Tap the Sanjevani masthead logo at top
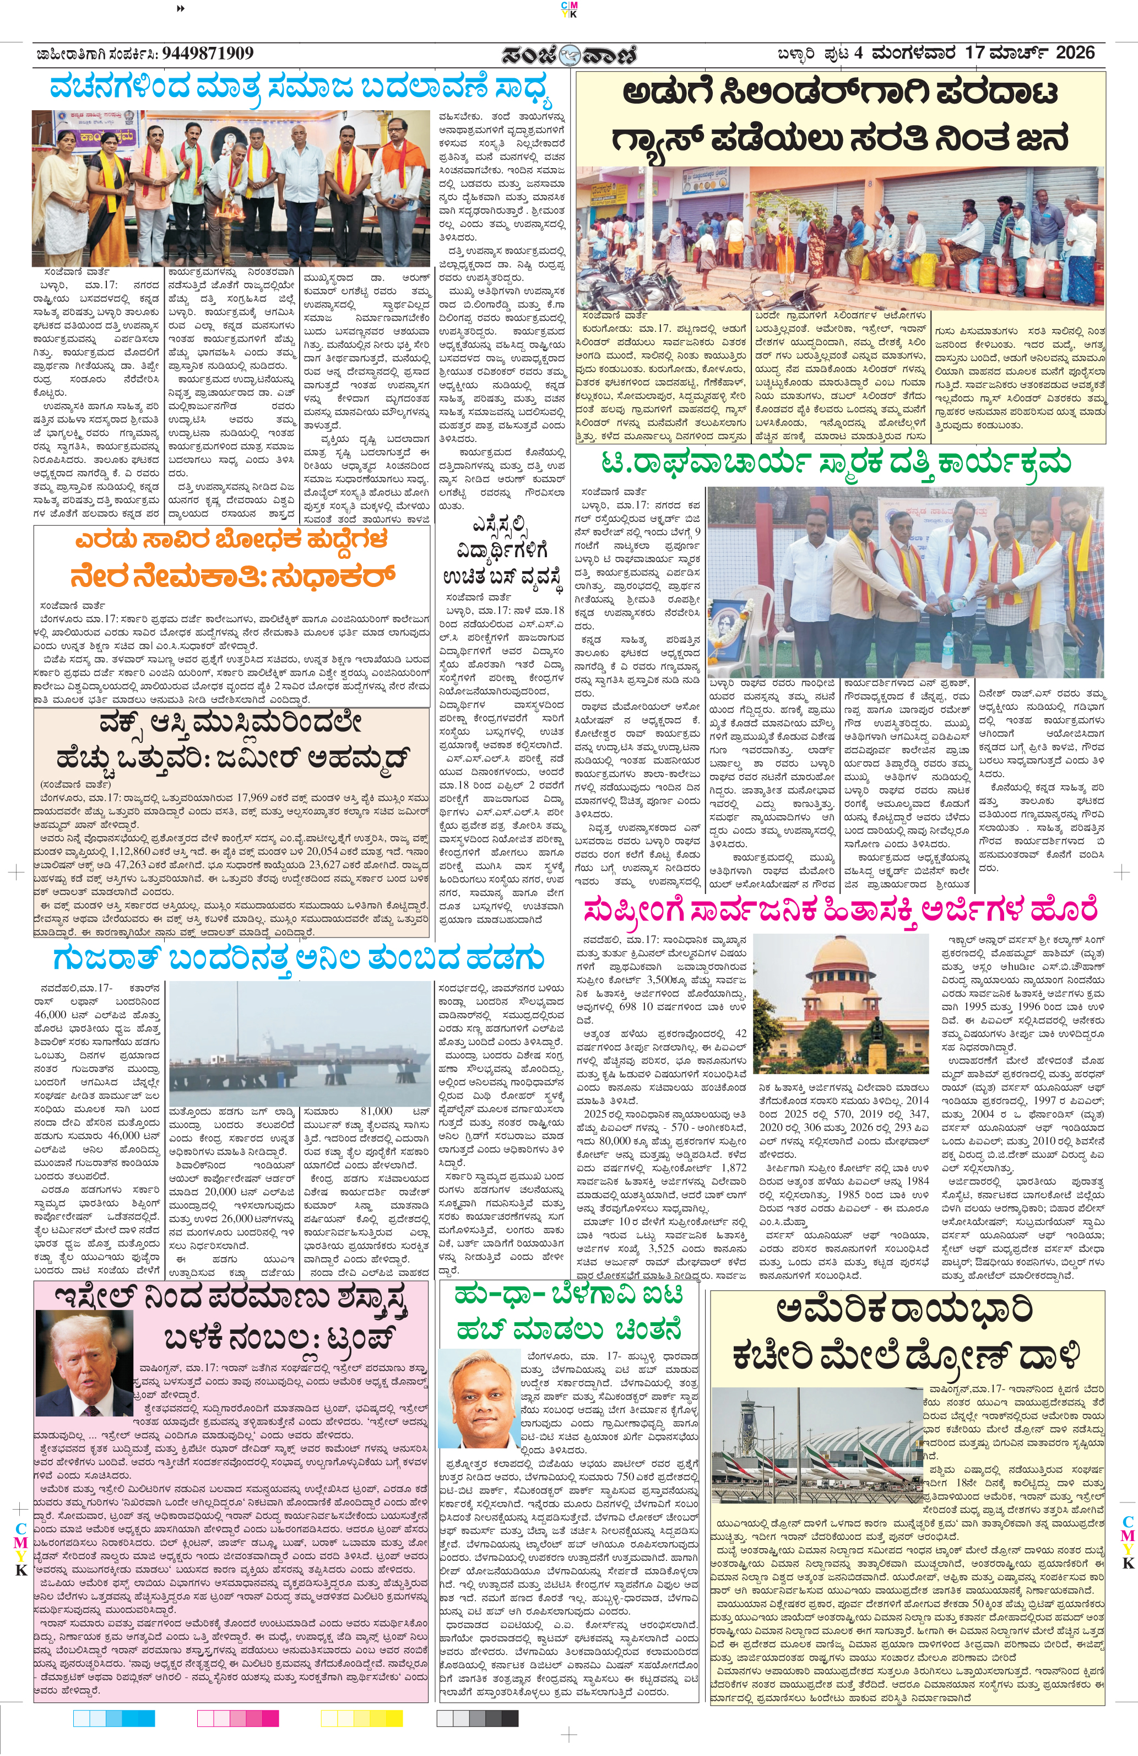click(x=568, y=55)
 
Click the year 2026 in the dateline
click(x=1075, y=53)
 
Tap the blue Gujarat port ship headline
click(x=299, y=958)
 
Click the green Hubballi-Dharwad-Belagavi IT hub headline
click(x=568, y=1314)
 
